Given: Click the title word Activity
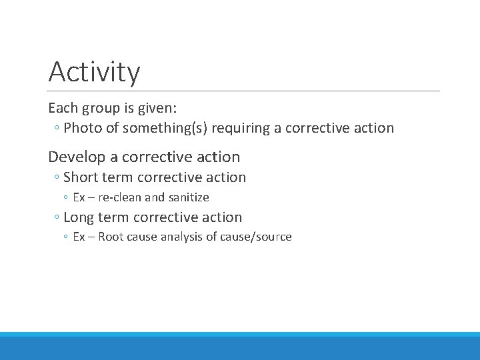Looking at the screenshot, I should coord(94,72).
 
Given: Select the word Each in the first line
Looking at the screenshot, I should coord(62,107).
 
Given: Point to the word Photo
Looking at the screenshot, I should coord(83,127).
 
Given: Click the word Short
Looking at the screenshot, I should coord(81,177).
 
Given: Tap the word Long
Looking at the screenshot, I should coord(79,217).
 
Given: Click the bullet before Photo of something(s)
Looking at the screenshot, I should coord(57,128).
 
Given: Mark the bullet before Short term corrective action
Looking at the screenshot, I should coord(57,178).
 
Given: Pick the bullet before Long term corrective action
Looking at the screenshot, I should coord(57,218).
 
